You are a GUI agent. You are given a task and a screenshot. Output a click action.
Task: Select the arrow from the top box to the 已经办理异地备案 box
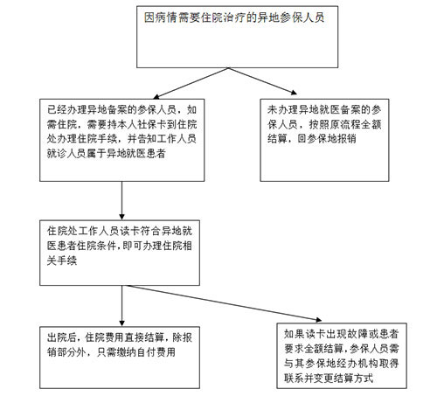click(x=191, y=83)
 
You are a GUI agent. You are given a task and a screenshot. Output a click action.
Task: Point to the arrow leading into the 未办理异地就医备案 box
click(x=263, y=81)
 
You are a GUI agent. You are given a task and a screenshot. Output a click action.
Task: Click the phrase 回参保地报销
click(x=327, y=139)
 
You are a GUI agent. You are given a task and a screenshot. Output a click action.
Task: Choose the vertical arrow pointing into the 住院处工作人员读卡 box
click(x=121, y=200)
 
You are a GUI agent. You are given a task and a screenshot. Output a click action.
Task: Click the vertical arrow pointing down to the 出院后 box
click(x=121, y=306)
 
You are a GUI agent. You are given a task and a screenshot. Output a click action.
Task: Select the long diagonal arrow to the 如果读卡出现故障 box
click(x=225, y=303)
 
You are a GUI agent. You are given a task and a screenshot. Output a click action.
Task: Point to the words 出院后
click(x=62, y=337)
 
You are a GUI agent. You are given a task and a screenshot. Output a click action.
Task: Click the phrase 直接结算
click(x=144, y=337)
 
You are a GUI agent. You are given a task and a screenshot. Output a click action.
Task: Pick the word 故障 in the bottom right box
click(x=356, y=334)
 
